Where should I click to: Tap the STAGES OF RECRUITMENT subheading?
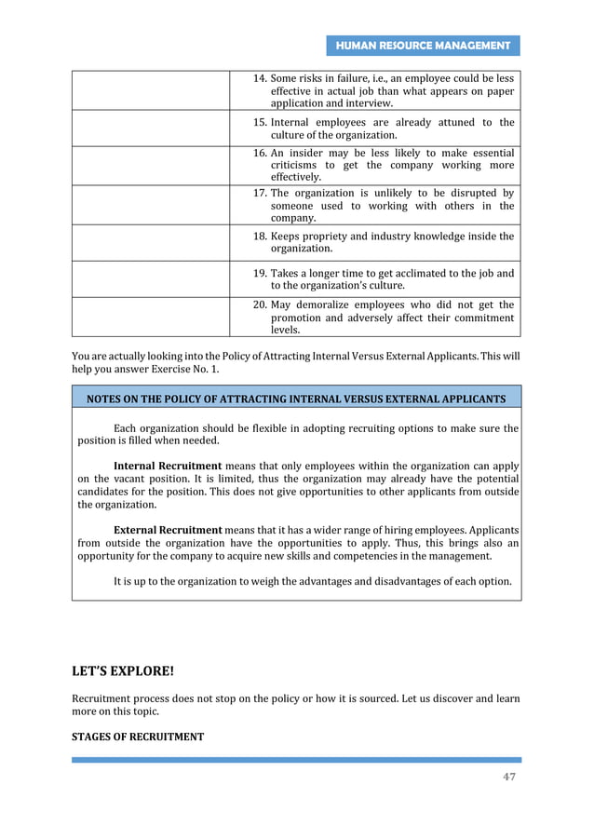138,737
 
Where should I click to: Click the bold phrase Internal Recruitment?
167,465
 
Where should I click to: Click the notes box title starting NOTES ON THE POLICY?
296,399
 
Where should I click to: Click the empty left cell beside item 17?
151,205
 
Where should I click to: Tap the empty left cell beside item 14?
151,91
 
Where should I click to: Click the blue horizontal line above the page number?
296,760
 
